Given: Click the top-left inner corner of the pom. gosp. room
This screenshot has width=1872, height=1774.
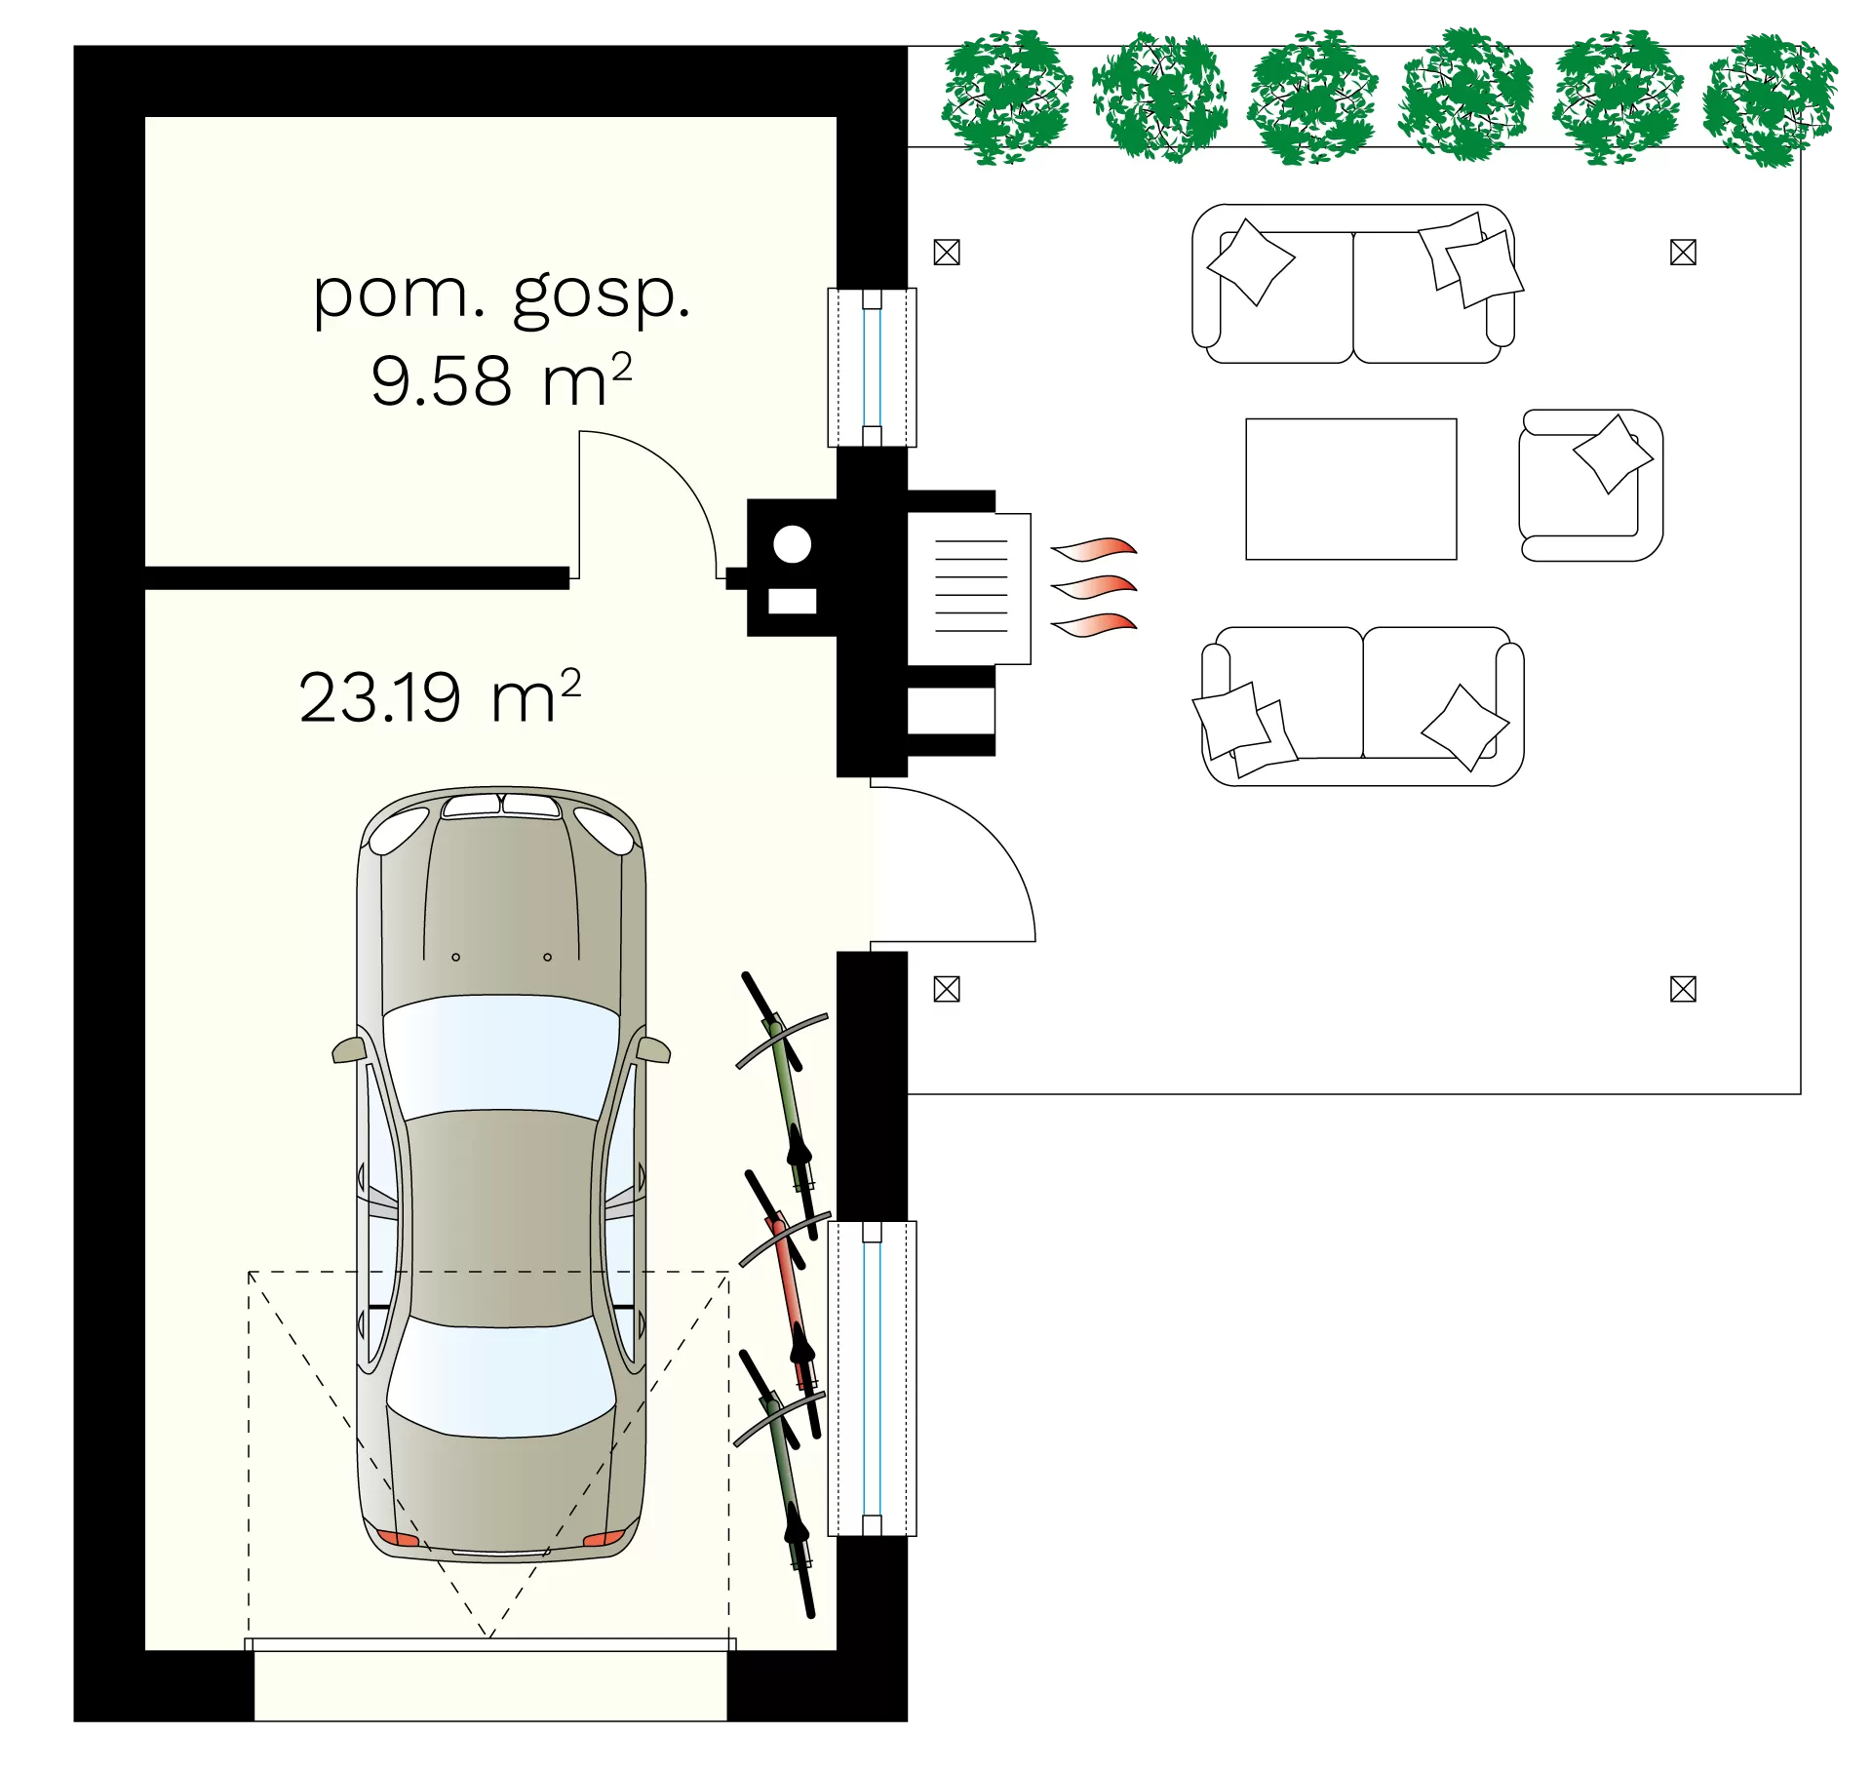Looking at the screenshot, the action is pyautogui.click(x=145, y=118).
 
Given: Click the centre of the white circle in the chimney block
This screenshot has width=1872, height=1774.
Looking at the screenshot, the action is pyautogui.click(x=792, y=544).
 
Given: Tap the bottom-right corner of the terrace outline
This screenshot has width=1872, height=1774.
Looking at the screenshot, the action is pyautogui.click(x=1800, y=1093).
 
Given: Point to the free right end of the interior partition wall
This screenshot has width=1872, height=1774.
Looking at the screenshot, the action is pyautogui.click(x=569, y=578).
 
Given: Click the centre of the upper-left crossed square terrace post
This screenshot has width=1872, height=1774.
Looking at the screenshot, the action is pyautogui.click(x=947, y=253).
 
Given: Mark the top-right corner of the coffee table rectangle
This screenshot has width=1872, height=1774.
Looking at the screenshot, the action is pyautogui.click(x=1457, y=419).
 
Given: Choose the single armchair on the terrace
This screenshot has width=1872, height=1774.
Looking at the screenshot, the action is pyautogui.click(x=1590, y=486).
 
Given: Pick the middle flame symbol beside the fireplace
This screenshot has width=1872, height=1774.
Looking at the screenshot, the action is pyautogui.click(x=1094, y=585).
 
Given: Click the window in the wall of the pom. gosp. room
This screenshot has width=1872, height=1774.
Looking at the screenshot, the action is pyautogui.click(x=872, y=368).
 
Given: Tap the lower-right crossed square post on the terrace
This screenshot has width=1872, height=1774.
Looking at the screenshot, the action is pyautogui.click(x=1683, y=989).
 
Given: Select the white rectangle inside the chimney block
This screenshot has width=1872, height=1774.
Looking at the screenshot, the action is pyautogui.click(x=792, y=602).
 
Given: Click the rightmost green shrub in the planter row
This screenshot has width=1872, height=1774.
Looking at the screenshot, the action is pyautogui.click(x=1769, y=99).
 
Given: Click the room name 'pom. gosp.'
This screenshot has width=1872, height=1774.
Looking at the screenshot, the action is pyautogui.click(x=501, y=295).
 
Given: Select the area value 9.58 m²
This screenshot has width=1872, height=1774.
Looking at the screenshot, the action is pyautogui.click(x=501, y=379).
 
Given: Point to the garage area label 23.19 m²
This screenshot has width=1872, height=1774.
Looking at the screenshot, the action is pyautogui.click(x=440, y=696).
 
